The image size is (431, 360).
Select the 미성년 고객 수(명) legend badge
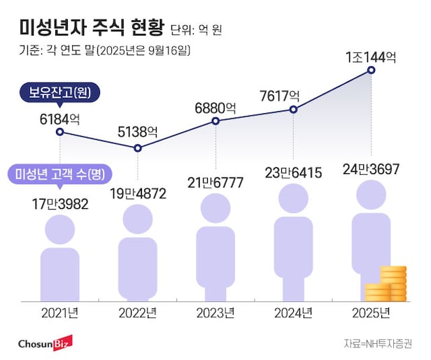62,173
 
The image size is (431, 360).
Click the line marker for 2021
60,131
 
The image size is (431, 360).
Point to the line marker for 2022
138,148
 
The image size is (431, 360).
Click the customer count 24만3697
371,168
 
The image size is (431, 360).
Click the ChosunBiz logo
46,344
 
